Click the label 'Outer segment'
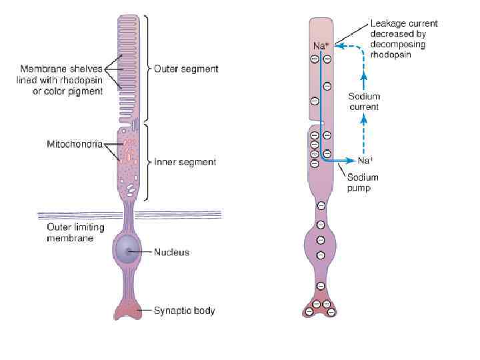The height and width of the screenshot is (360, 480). coord(186,69)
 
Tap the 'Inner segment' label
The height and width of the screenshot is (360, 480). coord(185,162)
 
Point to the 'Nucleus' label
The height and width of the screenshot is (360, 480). coord(171,252)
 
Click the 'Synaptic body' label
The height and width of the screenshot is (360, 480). coord(185,310)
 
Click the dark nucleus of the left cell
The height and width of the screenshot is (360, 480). coord(125,251)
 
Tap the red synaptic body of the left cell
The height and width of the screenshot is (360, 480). coord(126,309)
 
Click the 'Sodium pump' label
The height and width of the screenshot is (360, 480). coord(362,183)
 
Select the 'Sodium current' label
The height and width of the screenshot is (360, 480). coord(364,102)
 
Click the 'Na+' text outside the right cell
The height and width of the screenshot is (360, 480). coord(365,161)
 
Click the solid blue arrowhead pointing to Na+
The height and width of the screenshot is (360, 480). coord(352,161)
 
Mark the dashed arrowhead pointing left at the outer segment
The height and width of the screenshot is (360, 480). coord(336,46)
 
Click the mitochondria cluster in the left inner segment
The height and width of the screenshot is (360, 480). coord(127,150)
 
